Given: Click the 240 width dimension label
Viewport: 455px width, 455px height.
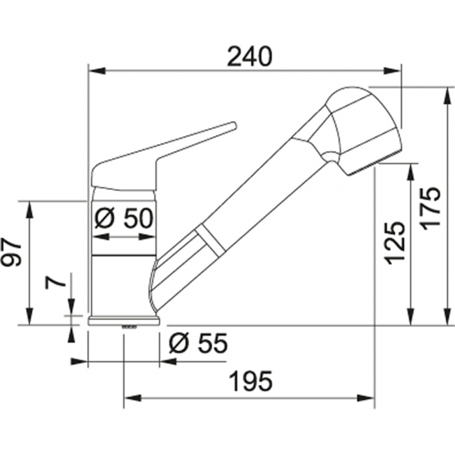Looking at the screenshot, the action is coord(250,56).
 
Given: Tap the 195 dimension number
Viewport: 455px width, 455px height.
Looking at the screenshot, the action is coord(251,381).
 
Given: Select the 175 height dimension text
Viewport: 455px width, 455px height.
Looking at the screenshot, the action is coord(431,208).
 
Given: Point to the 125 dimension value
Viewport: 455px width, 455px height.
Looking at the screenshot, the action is coord(394,243).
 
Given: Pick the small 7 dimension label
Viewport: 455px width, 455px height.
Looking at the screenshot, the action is coord(55,282).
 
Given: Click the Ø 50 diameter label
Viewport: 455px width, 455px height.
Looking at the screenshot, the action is coord(124,218).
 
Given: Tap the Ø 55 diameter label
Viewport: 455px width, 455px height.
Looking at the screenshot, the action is coord(198,343).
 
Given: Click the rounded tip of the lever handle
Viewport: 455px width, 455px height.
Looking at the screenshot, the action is coord(233,126).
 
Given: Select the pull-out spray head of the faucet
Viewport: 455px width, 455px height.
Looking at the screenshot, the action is coord(362,130).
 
